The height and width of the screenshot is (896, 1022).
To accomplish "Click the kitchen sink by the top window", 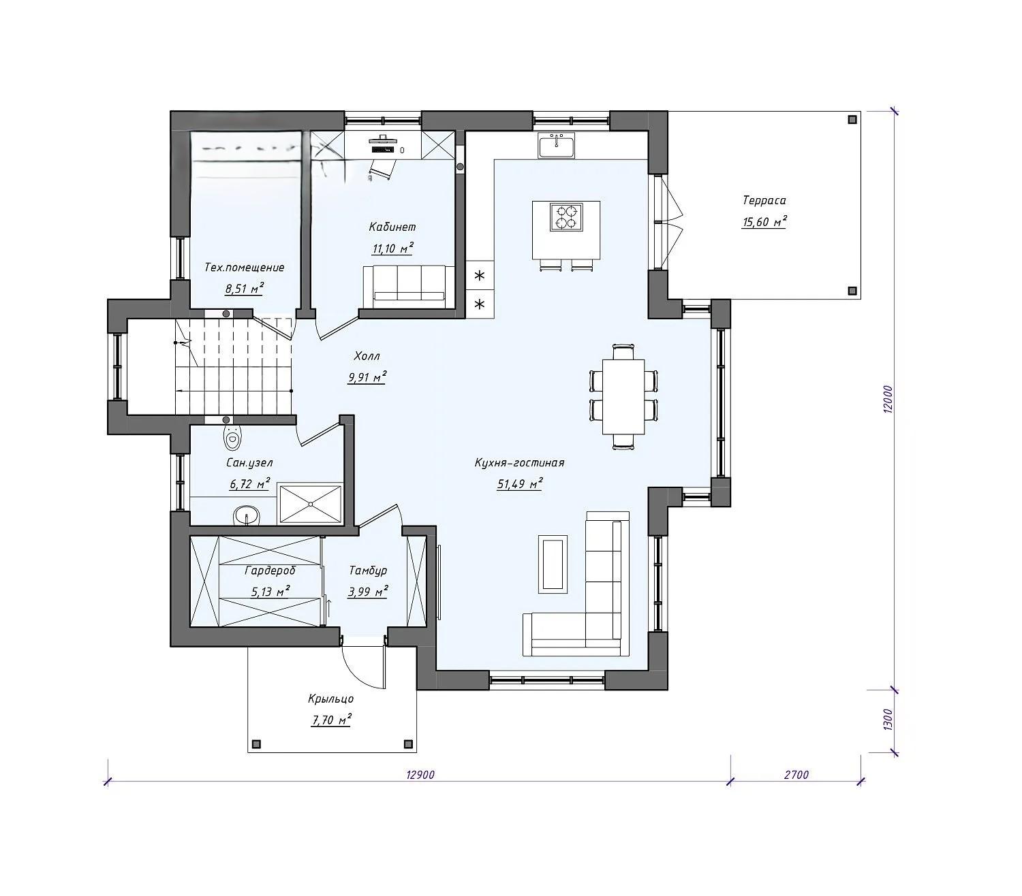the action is (x=556, y=145).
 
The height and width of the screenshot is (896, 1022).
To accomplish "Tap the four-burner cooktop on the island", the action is (x=566, y=217).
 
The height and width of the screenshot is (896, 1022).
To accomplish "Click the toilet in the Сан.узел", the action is (x=232, y=438).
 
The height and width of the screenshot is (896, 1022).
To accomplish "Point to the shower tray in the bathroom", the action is (x=311, y=504).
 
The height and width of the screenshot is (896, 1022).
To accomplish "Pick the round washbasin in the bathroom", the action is (x=246, y=515).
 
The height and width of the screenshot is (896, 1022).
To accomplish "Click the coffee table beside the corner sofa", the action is (x=553, y=564).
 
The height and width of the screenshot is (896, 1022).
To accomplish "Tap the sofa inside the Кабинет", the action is (x=409, y=286).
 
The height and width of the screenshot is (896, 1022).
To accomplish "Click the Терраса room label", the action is (x=764, y=200).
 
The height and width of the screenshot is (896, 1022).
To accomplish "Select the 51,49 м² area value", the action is (x=520, y=484).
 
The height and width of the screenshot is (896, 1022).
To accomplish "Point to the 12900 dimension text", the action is (x=420, y=775).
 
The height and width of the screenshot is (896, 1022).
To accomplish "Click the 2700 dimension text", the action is (x=796, y=775).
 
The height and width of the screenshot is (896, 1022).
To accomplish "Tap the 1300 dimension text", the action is (x=888, y=720).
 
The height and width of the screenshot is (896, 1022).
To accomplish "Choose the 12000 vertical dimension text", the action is (x=888, y=400).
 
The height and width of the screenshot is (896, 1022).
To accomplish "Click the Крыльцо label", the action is (x=331, y=699).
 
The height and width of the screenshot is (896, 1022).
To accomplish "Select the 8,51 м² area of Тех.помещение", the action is (x=245, y=289).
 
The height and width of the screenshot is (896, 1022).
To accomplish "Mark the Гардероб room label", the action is (x=270, y=571).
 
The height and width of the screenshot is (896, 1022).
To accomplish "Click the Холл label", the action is (x=367, y=356).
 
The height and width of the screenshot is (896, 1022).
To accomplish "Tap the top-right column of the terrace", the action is (x=852, y=120).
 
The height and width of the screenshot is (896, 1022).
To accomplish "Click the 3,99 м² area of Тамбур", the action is (x=368, y=591).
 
